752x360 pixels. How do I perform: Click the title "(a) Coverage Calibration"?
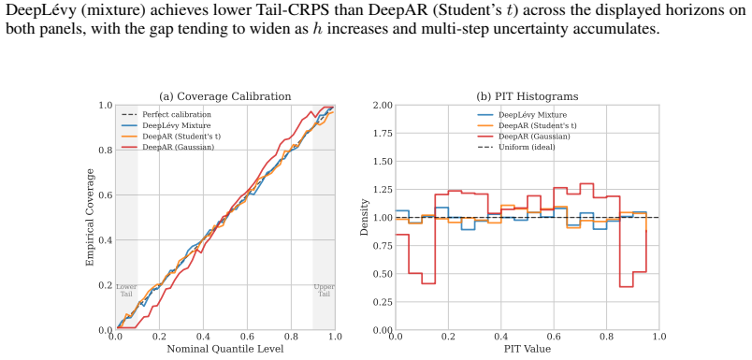coord(224,96)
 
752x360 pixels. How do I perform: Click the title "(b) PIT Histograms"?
coord(528,96)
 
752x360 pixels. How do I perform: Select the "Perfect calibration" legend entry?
coord(166,115)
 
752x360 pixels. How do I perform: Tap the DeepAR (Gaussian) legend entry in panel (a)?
coord(167,147)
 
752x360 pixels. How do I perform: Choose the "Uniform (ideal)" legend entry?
coord(517,147)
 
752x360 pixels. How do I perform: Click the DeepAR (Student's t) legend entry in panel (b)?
coord(528,125)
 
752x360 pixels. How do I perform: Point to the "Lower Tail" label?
coord(126,290)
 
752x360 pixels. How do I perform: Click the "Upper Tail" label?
coord(324,290)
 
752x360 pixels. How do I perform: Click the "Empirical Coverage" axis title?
coord(90,217)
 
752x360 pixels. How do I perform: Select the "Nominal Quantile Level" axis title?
coord(224,349)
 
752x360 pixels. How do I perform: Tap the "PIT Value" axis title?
coord(528,349)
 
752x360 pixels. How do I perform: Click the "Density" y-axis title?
coord(365,217)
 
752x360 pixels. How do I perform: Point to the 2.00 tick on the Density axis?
coord(382,105)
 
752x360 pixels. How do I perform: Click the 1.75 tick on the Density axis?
coord(382,134)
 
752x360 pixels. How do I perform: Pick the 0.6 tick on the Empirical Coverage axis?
coord(106,195)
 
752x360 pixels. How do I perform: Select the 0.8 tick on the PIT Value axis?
coord(606,337)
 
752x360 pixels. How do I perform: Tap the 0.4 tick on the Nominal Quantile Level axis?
coord(203,337)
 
